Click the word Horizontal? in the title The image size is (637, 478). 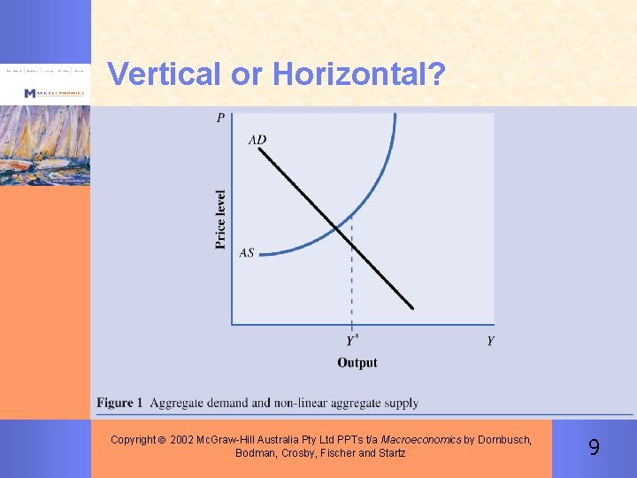coord(359,73)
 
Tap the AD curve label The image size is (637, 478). coord(257,139)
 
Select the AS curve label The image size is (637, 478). coord(247,253)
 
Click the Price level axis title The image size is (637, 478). coord(221,219)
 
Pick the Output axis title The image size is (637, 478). coord(357,362)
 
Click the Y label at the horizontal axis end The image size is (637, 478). coord(490,341)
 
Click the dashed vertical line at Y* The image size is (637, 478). coord(352,283)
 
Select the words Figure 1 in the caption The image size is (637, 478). coord(120,403)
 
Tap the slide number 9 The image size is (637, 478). coord(594,448)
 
